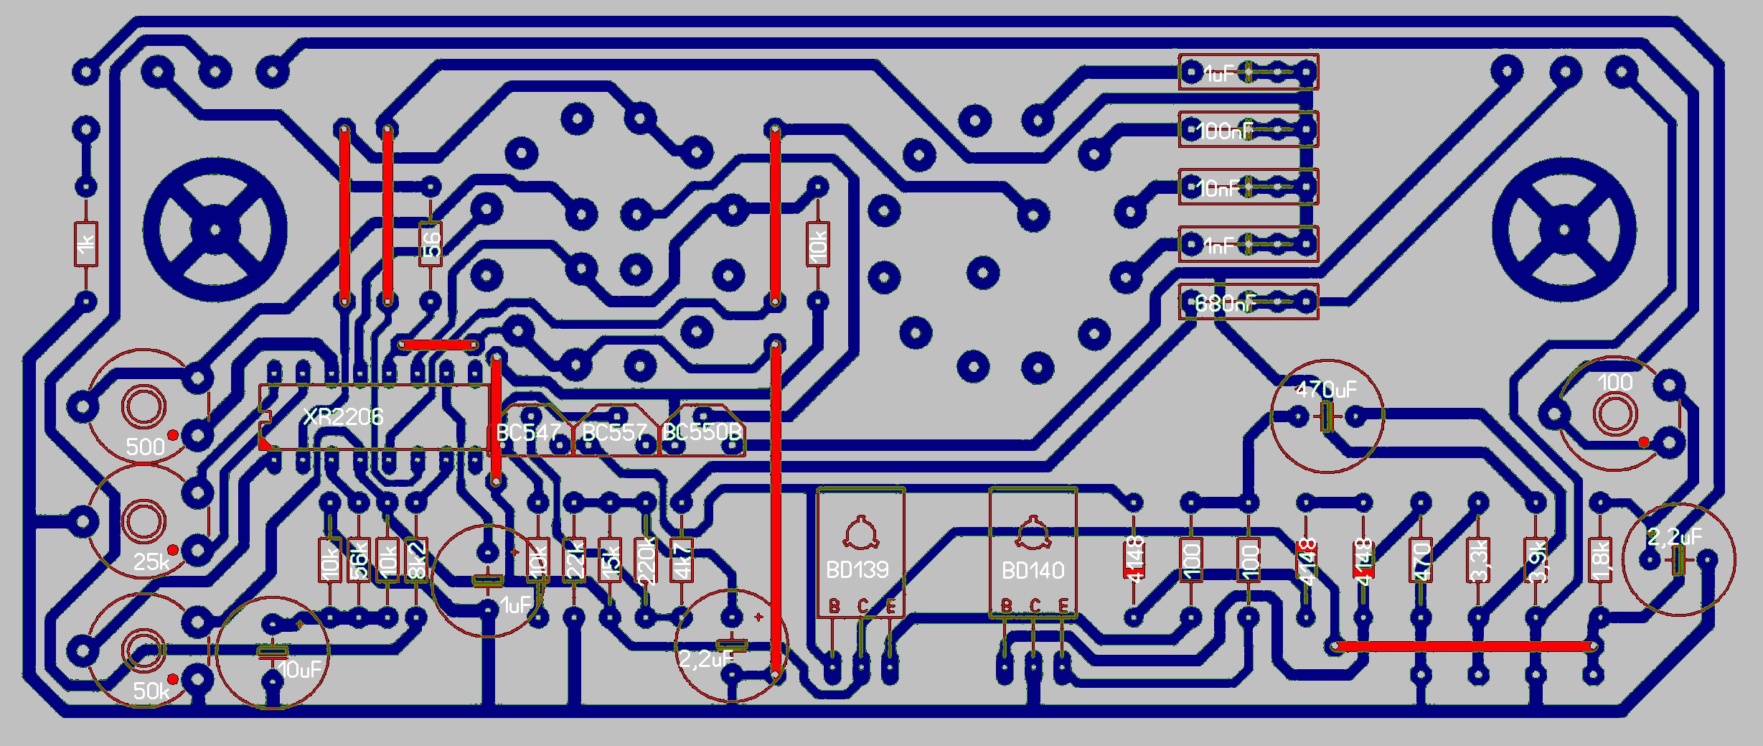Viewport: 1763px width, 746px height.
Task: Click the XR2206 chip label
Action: (x=343, y=417)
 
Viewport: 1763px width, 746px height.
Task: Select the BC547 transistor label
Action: (x=528, y=433)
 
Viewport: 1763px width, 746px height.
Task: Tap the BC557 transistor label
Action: (x=614, y=433)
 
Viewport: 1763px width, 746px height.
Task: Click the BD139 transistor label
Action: (x=857, y=570)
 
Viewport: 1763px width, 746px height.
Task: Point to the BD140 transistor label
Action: (x=1033, y=571)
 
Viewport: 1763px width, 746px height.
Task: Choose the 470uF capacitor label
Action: (x=1326, y=390)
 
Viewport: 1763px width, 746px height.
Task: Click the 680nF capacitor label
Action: (x=1224, y=304)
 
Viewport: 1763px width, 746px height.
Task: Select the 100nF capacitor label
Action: (x=1224, y=131)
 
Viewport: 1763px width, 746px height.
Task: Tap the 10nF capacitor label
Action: (x=1218, y=188)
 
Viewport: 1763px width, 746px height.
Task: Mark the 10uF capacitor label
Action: (x=300, y=670)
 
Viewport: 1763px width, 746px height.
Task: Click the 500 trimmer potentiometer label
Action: (x=145, y=447)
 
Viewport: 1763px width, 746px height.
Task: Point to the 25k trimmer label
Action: (x=151, y=561)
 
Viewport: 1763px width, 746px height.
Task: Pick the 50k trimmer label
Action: (x=151, y=691)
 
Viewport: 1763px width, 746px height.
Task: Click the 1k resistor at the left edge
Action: (x=86, y=244)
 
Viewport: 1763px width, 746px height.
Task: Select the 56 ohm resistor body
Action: (x=431, y=244)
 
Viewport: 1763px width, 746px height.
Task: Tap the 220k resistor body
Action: (x=646, y=560)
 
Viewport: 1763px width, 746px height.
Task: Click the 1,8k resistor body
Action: (x=1600, y=560)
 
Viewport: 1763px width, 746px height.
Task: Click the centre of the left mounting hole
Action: (x=215, y=230)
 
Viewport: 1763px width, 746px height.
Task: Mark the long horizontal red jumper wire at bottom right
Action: (x=1464, y=646)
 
